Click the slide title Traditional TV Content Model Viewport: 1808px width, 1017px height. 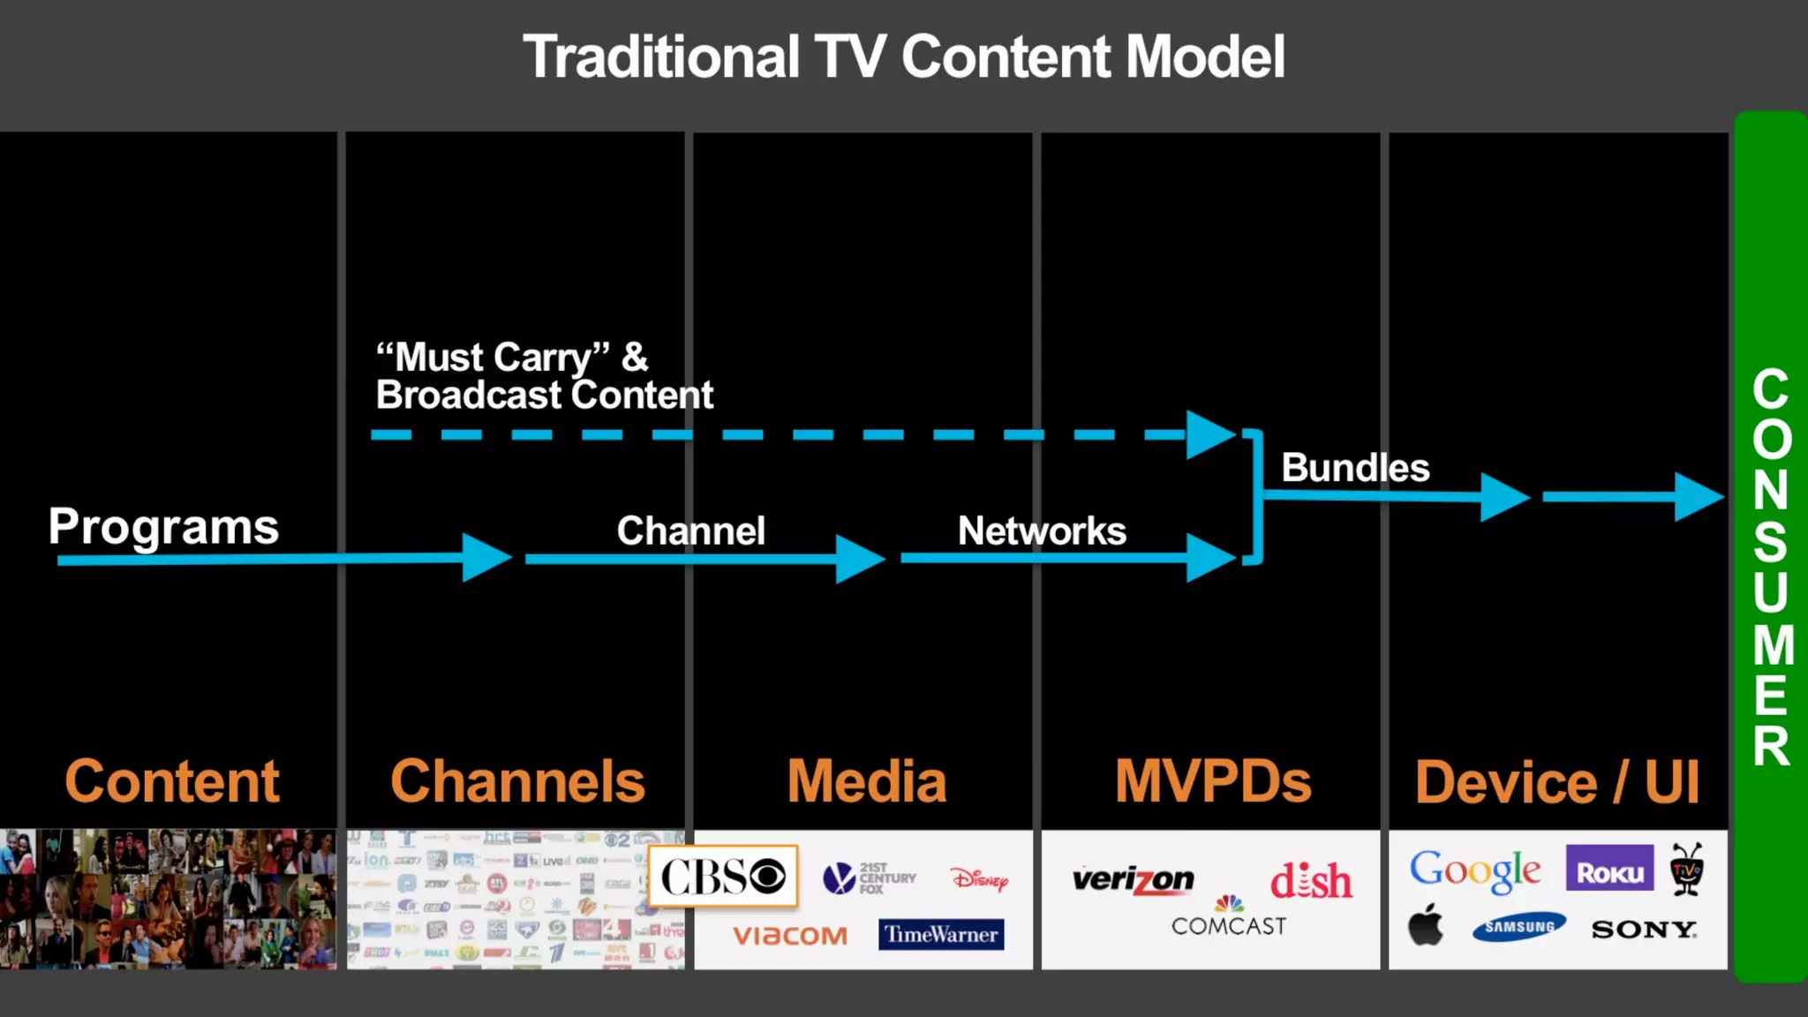point(903,57)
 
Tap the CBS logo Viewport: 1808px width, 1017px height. point(723,877)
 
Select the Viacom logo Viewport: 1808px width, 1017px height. point(790,935)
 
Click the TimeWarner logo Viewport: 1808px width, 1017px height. point(941,934)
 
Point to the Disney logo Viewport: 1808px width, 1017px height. point(979,878)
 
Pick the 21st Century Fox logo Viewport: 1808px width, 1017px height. point(870,878)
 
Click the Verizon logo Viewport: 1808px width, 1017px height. point(1133,879)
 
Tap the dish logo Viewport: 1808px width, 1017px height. point(1311,880)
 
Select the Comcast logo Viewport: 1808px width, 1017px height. point(1228,919)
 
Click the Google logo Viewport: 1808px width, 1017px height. point(1474,870)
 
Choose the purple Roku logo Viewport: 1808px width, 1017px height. point(1609,870)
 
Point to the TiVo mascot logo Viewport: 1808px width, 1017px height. point(1686,869)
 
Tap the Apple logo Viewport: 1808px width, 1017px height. point(1425,925)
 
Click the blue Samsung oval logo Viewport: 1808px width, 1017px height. point(1518,927)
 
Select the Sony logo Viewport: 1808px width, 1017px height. point(1643,929)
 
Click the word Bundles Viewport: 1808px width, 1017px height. point(1355,468)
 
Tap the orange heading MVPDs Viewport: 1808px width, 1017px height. point(1212,781)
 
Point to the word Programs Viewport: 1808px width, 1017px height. point(163,527)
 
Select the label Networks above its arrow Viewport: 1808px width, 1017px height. point(1042,531)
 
